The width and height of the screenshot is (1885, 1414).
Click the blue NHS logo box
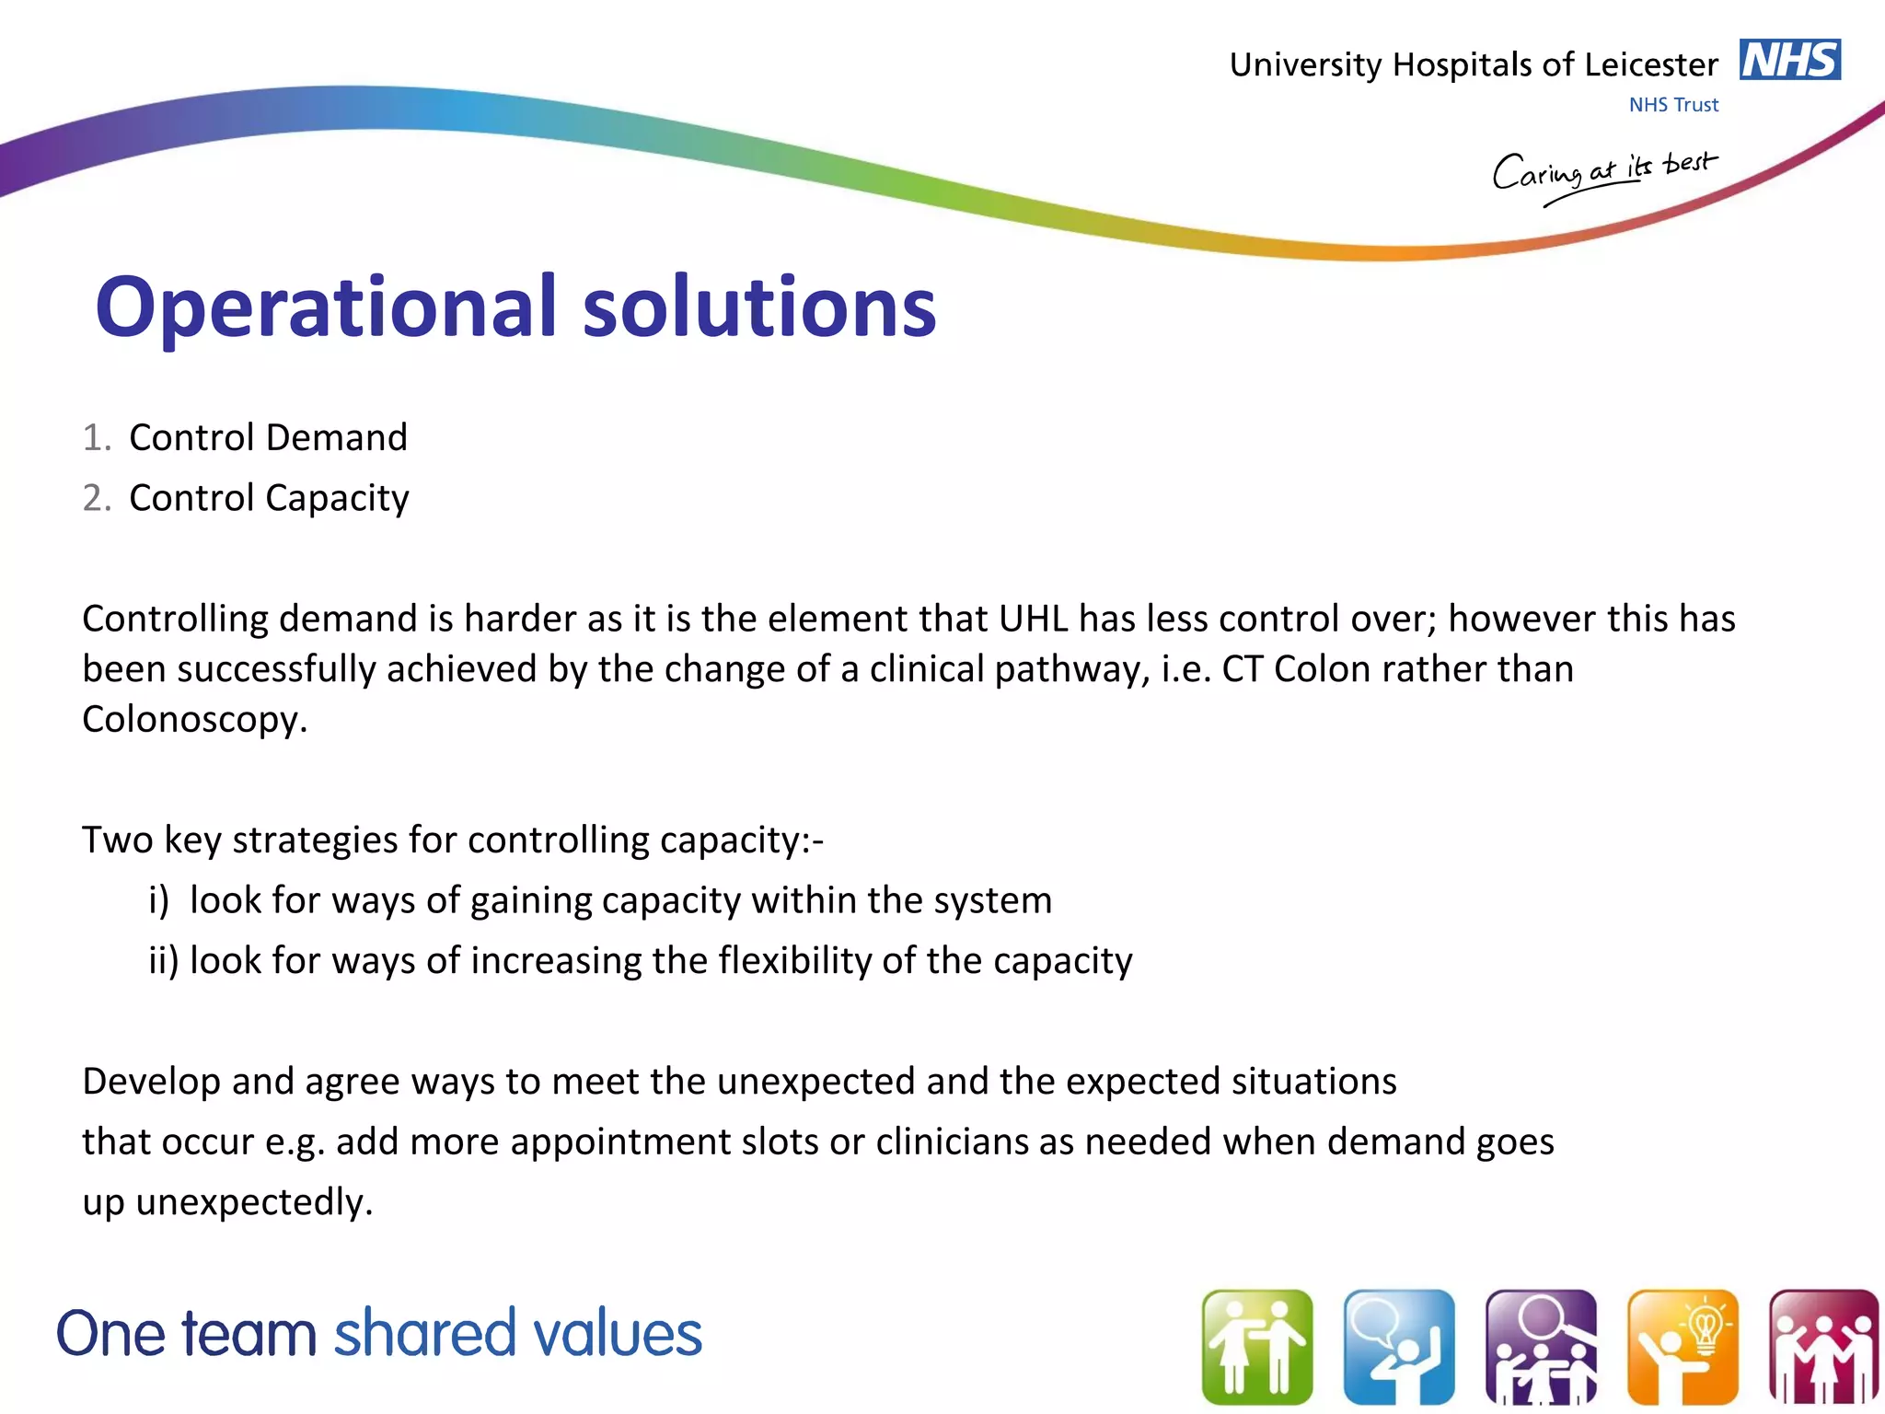coord(1789,60)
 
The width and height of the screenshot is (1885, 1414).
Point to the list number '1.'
coord(97,438)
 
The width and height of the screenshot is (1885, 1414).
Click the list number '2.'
coord(97,498)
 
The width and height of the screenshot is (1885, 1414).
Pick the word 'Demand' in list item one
coord(338,437)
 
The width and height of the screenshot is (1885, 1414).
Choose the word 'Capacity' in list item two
coord(338,499)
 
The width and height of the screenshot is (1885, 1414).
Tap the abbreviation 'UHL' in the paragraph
coord(1033,619)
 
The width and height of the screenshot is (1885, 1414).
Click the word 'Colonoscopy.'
coord(194,719)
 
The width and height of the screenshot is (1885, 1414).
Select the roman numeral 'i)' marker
coord(159,900)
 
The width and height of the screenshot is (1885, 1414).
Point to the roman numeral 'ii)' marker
coord(164,961)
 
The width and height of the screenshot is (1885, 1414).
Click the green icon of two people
coord(1257,1347)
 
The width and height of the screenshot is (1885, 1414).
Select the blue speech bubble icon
coord(1399,1347)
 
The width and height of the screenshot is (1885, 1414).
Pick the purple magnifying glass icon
coord(1541,1347)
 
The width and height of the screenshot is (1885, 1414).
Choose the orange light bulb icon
coord(1683,1347)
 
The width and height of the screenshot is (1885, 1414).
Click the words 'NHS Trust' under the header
coord(1673,105)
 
